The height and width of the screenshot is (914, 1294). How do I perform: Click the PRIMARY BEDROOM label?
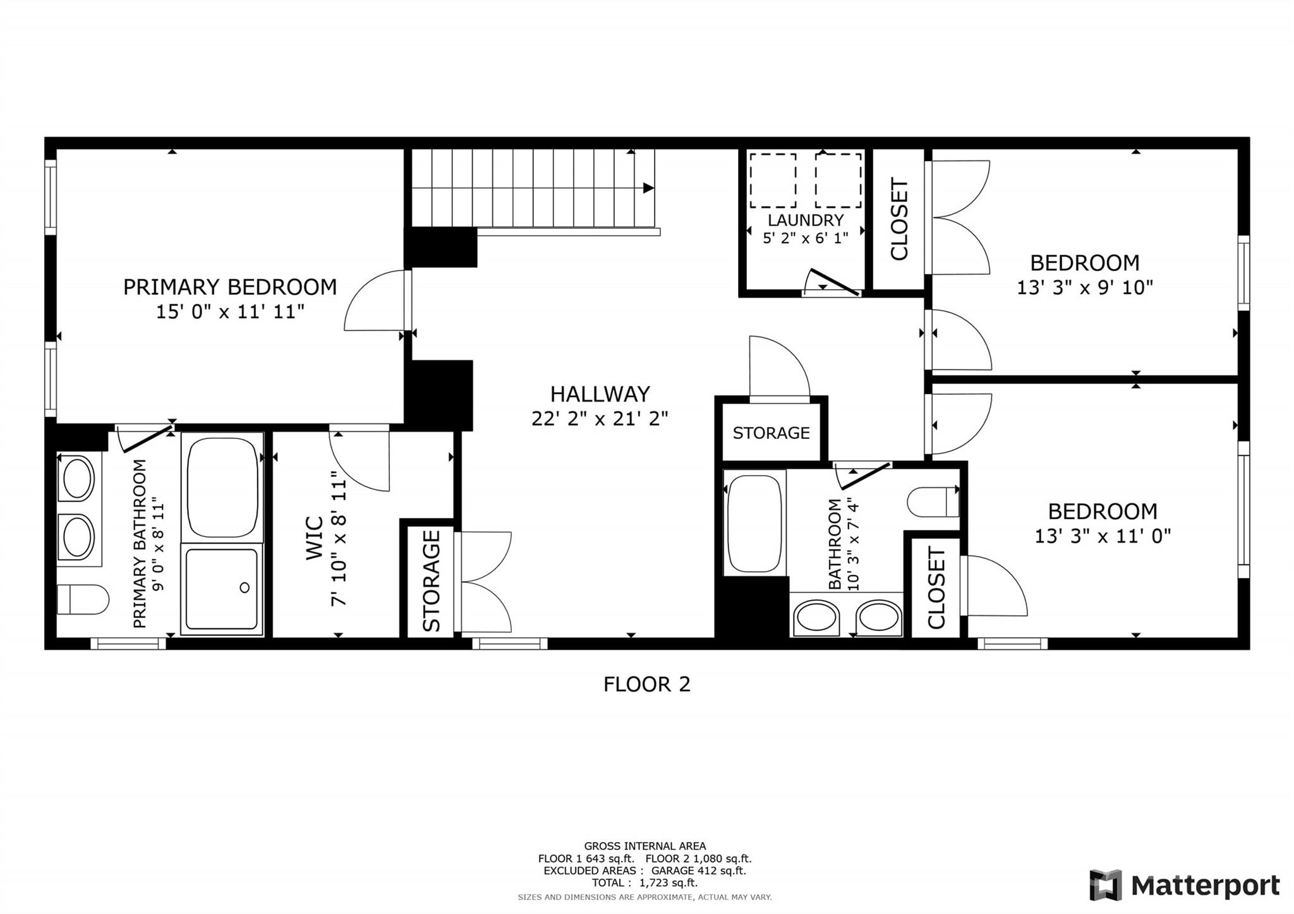click(229, 287)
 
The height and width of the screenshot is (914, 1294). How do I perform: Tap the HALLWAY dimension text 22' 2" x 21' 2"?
click(600, 419)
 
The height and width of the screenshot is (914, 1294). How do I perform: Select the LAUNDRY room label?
click(806, 220)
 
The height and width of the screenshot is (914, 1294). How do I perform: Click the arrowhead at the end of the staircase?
click(648, 188)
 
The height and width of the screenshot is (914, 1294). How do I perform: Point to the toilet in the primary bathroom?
click(82, 599)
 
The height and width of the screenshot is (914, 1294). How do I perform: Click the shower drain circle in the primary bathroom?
click(245, 588)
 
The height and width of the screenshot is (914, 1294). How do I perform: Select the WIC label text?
click(314, 538)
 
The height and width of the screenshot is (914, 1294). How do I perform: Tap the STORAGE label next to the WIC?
click(432, 580)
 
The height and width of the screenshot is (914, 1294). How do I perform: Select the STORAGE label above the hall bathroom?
click(771, 433)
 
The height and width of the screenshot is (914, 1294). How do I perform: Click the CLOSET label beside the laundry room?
click(899, 219)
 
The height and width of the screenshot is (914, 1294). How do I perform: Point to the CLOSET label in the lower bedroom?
click(936, 588)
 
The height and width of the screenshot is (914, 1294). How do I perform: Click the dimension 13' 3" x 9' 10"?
click(1084, 288)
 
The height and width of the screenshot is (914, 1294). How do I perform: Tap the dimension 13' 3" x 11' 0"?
click(1102, 536)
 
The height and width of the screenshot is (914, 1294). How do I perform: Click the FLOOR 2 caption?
click(646, 684)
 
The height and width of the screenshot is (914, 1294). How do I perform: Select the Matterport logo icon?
click(1105, 885)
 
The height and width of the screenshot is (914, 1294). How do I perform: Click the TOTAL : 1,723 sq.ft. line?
click(644, 882)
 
